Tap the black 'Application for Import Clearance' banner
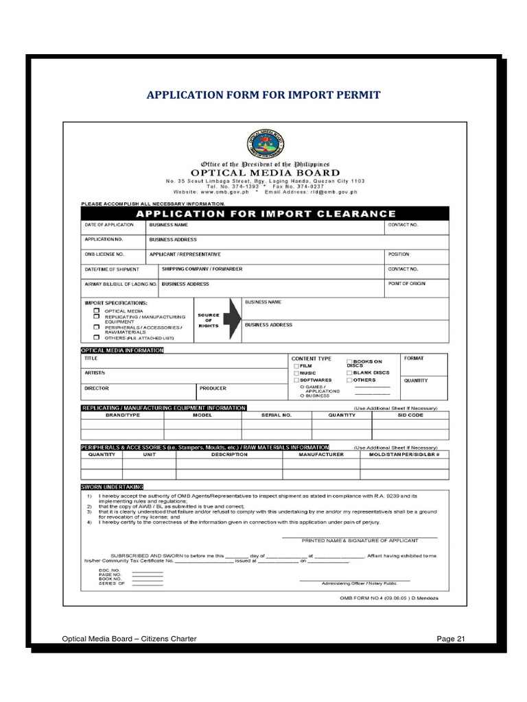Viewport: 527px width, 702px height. [266, 213]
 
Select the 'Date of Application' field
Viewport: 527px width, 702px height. [113, 228]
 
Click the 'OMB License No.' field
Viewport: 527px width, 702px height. [113, 256]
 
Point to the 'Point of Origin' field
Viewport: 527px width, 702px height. [417, 287]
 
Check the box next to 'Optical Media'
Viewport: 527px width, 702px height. [97, 311]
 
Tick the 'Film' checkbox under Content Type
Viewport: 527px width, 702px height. [296, 366]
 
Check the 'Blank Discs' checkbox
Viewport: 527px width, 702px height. [349, 372]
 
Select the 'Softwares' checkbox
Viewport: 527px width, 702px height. [296, 380]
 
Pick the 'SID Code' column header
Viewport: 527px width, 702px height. [410, 415]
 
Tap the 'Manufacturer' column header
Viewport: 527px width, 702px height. [320, 455]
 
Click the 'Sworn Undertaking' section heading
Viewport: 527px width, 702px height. [113, 486]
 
